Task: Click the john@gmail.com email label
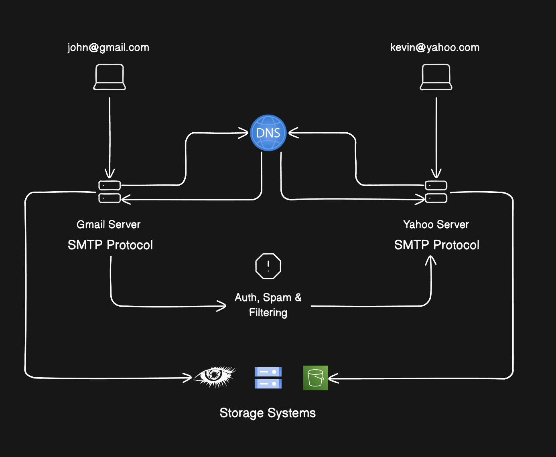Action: (108, 48)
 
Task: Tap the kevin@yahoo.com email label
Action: (434, 48)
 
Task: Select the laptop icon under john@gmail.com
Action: (110, 77)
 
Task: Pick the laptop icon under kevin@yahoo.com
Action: (436, 77)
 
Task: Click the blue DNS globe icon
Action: (268, 133)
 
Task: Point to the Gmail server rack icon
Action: (110, 192)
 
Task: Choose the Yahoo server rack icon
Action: (436, 192)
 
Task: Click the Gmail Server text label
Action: (108, 224)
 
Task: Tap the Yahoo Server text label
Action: (436, 224)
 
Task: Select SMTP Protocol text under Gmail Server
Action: (110, 245)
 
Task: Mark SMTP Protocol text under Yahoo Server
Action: (437, 245)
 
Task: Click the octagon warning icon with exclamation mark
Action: (268, 266)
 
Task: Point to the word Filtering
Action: (268, 313)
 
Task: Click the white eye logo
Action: (215, 376)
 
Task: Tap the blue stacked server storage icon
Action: (268, 378)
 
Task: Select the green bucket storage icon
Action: (315, 378)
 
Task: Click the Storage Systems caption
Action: (268, 413)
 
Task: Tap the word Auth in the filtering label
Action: (246, 298)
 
